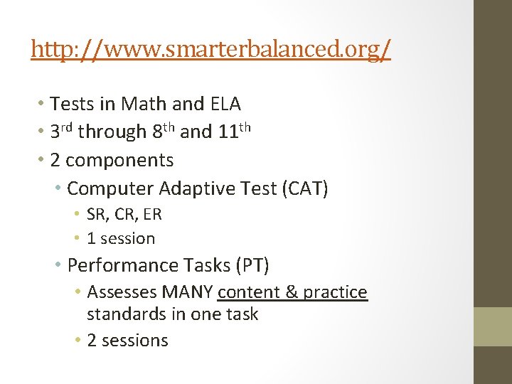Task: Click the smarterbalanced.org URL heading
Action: [x=210, y=50]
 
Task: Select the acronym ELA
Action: [x=225, y=104]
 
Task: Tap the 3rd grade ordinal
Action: [x=61, y=132]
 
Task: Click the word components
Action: [x=119, y=160]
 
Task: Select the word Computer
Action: [x=110, y=188]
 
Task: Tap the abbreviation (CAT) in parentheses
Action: [x=306, y=188]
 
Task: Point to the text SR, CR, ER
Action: [x=124, y=214]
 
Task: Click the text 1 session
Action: [x=121, y=238]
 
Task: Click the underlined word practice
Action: [x=336, y=292]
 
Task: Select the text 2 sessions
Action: [x=127, y=341]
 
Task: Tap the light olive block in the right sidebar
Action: [x=492, y=326]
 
